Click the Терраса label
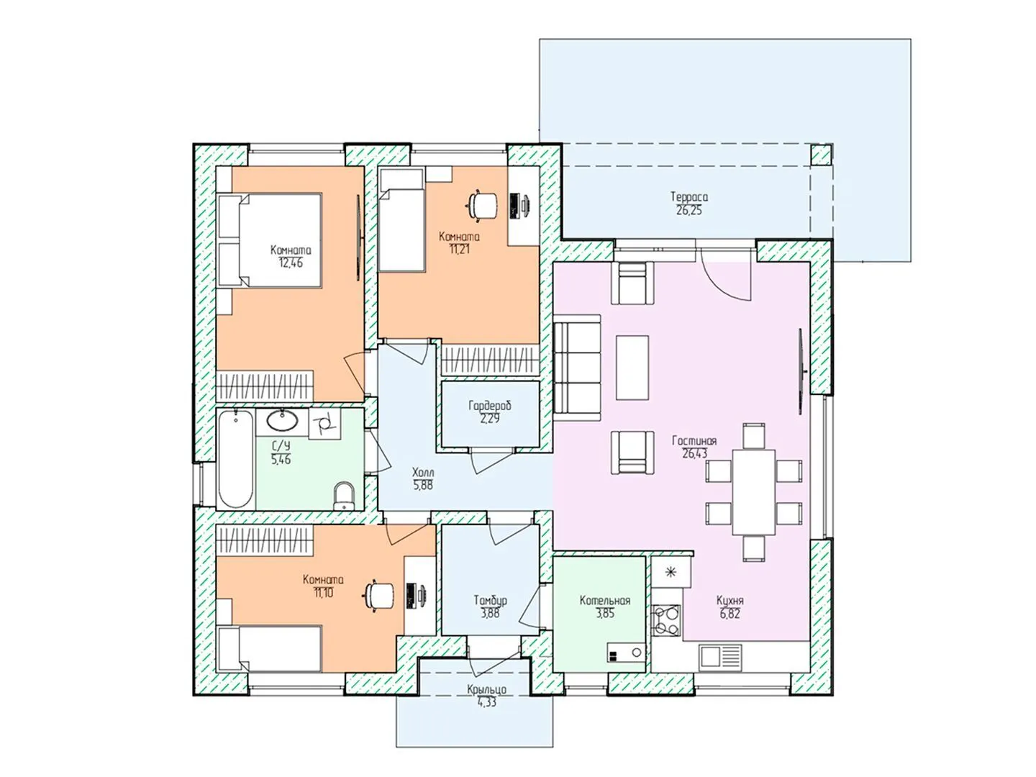tap(689, 196)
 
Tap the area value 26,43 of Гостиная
tap(694, 453)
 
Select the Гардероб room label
tap(490, 405)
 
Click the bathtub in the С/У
tap(235, 458)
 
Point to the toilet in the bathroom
tap(343, 496)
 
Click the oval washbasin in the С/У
tap(282, 420)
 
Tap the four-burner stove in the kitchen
tap(666, 620)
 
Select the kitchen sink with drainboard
tap(720, 657)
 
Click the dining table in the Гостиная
tap(753, 492)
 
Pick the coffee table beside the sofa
tap(632, 368)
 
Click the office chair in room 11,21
tap(482, 205)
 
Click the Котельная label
tap(604, 601)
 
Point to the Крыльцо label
tap(486, 689)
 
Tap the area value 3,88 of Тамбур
tap(490, 613)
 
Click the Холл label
tap(423, 472)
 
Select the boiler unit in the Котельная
tap(627, 653)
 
